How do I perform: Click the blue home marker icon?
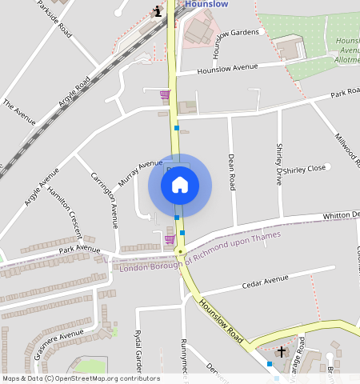click(180, 185)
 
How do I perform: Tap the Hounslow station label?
click(206, 4)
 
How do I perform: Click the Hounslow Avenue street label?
click(228, 69)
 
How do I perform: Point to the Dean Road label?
click(232, 172)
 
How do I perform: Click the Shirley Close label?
click(305, 169)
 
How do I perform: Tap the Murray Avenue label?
click(139, 174)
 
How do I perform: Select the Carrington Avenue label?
click(104, 200)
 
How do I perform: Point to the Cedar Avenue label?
click(264, 281)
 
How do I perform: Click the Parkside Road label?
click(54, 21)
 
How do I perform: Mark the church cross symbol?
click(281, 352)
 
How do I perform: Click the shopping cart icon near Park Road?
click(165, 95)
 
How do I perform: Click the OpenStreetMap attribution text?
click(80, 378)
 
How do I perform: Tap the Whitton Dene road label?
click(340, 215)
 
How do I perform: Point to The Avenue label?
click(19, 112)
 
